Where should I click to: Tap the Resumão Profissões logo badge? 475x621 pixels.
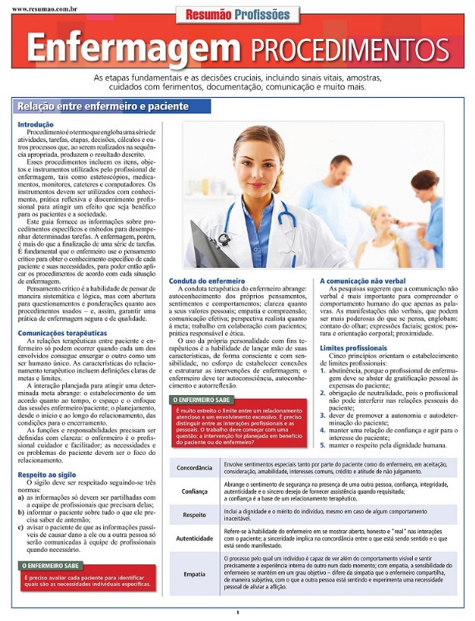coord(237,14)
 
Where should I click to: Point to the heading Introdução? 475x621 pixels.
coord(35,124)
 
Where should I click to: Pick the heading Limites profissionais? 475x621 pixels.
coord(353,349)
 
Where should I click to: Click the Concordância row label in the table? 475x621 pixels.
coord(194,468)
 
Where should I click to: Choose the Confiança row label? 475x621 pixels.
coord(194,491)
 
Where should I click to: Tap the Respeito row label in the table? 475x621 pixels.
coord(194,514)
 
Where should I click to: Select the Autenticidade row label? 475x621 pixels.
coord(194,537)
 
